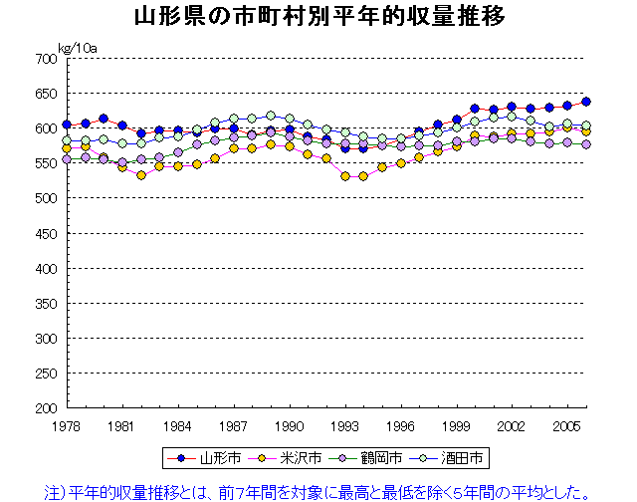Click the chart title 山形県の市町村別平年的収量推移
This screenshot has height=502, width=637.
coord(318,17)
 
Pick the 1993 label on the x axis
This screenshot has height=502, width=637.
coord(345,425)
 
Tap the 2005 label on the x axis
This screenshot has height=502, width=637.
coord(568,425)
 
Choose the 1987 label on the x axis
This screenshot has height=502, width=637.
coord(234,425)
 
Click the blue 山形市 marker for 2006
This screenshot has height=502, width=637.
coord(586,102)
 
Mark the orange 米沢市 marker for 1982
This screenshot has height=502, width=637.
coord(141,175)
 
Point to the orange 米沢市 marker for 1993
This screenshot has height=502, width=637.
coord(345,176)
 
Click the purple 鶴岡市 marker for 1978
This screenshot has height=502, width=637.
coord(67,159)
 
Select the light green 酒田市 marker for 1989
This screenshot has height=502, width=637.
coord(271,116)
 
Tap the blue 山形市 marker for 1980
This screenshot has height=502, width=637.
coord(104,119)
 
